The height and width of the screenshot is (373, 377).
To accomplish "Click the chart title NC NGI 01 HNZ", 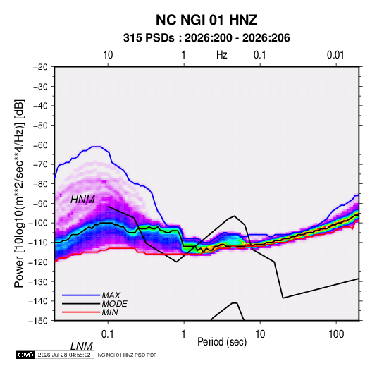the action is [206, 20].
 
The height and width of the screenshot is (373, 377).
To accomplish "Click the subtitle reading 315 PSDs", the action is [149, 38].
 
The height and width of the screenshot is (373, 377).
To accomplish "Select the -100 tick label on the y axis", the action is [38, 223].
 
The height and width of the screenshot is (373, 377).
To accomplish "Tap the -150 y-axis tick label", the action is [38, 321].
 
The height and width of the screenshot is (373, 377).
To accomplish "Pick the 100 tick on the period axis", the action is [336, 334].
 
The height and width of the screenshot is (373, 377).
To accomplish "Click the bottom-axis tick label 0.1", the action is [108, 334].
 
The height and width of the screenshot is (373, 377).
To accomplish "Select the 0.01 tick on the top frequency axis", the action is [335, 55].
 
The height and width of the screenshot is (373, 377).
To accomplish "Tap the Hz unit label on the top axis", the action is [222, 55].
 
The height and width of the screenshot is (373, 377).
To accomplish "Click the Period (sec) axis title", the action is [222, 342].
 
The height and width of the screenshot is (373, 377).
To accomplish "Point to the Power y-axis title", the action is [19, 194].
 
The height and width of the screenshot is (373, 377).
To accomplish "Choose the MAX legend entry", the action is [111, 295].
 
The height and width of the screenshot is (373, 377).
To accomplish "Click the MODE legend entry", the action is [115, 304].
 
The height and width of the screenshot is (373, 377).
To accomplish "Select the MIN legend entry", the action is [110, 312].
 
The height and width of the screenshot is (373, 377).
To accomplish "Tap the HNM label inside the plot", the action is [82, 200].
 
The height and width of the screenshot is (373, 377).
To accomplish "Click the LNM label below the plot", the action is [82, 346].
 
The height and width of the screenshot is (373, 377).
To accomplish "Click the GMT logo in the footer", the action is [26, 355].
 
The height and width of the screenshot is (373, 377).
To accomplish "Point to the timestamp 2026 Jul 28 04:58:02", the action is [64, 355].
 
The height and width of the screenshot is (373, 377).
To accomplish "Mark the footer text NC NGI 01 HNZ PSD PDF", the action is [127, 355].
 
